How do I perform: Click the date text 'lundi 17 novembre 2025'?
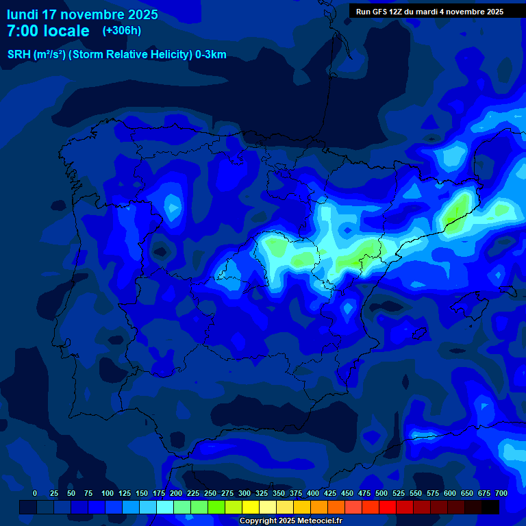coord(82,14)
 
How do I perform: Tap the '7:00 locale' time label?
coord(48,31)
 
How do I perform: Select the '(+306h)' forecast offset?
coord(121,30)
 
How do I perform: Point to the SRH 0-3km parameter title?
coord(116,55)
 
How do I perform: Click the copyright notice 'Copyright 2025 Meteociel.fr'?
coord(290,521)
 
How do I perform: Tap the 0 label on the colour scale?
coord(35,493)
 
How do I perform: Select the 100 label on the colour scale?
coord(108,493)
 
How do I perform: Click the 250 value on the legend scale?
coord(210,493)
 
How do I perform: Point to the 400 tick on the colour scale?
coord(313,493)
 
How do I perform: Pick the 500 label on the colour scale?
coord(381,493)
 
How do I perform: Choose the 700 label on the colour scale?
coord(501,493)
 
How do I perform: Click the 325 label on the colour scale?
coord(262,493)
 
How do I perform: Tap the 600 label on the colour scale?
coord(450,493)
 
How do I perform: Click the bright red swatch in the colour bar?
coord(388,507)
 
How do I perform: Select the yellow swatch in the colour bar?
coord(251,507)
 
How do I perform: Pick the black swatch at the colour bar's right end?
coord(490,507)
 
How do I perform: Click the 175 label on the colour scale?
coord(159,493)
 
